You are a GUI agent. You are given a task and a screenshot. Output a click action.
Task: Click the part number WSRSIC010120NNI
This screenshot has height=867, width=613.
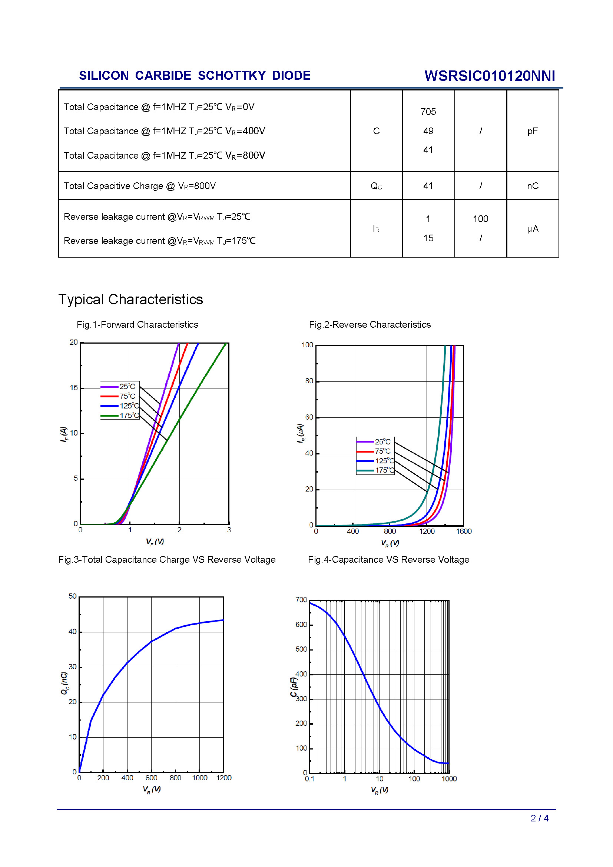[489, 76]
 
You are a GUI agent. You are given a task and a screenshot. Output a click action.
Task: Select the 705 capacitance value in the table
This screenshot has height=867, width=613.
[428, 112]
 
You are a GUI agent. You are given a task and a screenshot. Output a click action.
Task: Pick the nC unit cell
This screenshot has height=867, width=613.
[532, 186]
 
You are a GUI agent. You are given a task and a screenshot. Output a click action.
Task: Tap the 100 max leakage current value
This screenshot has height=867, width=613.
[480, 219]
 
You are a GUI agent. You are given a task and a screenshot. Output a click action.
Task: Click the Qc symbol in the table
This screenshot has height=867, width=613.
[376, 186]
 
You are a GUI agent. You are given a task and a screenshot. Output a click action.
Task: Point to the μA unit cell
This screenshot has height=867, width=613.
[532, 228]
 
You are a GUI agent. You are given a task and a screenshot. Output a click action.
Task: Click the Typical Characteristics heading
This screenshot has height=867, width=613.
[130, 300]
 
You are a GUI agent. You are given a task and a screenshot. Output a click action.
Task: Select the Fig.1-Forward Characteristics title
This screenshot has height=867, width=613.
[137, 325]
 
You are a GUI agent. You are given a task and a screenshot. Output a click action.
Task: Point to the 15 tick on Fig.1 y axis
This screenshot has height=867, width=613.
[74, 388]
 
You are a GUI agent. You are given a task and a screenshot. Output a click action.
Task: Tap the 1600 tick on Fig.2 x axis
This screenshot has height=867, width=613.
[464, 531]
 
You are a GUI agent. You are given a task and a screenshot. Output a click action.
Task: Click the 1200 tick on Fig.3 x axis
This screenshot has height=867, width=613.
[224, 778]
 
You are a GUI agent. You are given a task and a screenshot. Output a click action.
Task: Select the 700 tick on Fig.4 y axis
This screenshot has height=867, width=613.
[301, 600]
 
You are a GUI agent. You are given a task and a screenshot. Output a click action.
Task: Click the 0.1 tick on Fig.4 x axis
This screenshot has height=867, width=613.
[309, 779]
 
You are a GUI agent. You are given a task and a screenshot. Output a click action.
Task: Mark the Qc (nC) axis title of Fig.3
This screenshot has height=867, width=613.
[64, 684]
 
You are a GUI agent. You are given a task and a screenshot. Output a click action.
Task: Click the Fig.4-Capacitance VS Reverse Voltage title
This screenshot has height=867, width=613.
[388, 560]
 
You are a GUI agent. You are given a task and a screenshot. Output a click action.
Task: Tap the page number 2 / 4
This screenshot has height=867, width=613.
[539, 818]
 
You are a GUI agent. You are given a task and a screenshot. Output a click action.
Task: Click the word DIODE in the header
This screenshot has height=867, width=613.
[291, 76]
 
